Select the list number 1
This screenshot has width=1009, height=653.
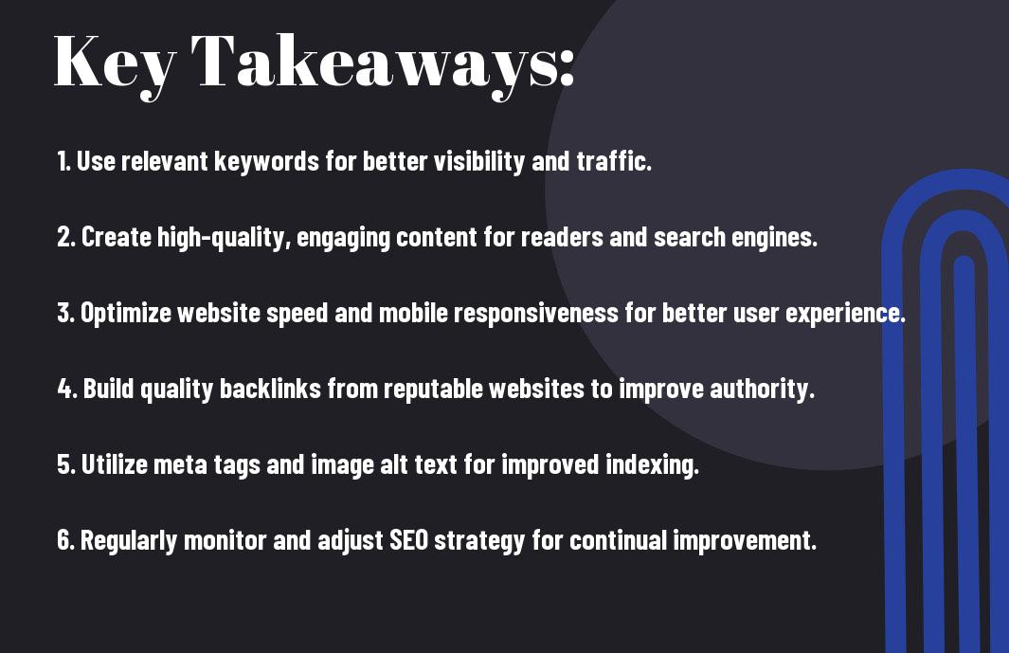pos(63,161)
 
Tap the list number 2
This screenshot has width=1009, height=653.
pos(66,237)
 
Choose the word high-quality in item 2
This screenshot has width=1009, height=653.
pos(220,238)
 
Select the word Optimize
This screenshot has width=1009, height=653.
pos(126,314)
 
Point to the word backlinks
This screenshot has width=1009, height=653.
pos(270,389)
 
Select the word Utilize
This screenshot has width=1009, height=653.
pos(115,464)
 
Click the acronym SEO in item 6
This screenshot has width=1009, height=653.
pos(408,540)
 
